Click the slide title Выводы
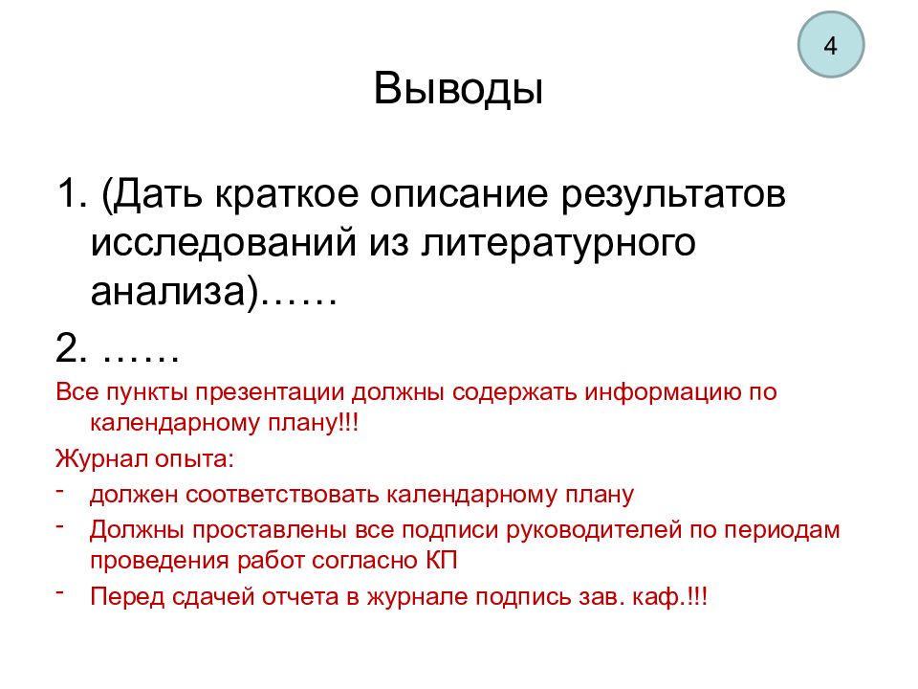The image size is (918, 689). pyautogui.click(x=458, y=90)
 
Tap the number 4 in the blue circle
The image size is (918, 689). pyautogui.click(x=830, y=46)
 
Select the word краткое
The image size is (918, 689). pyautogui.click(x=286, y=194)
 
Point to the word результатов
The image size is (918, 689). pyautogui.click(x=673, y=195)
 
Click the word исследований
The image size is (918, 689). pyautogui.click(x=223, y=242)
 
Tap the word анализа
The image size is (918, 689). pyautogui.click(x=166, y=291)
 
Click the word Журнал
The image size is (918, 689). pyautogui.click(x=100, y=458)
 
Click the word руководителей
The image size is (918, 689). pyautogui.click(x=594, y=530)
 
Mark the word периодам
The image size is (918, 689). pyautogui.click(x=781, y=530)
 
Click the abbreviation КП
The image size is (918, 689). pyautogui.click(x=441, y=561)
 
